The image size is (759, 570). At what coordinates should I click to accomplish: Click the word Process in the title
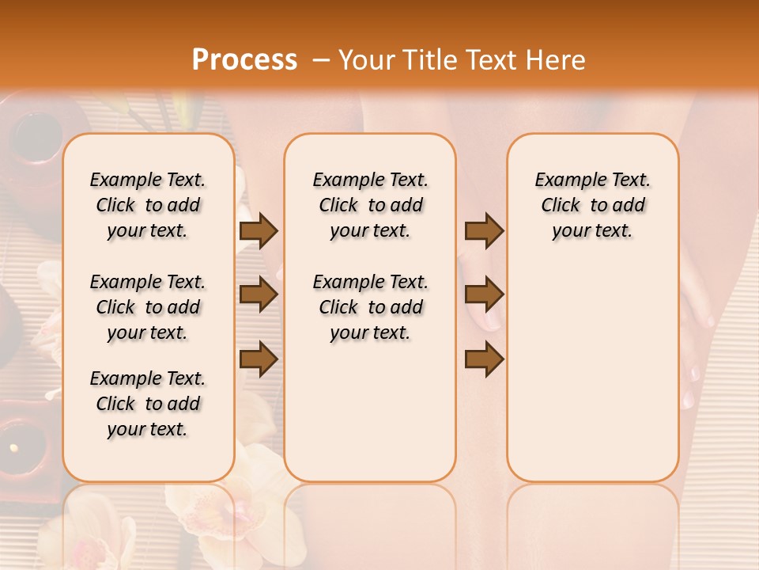(244, 60)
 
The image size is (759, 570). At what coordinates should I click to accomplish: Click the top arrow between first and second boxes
(259, 231)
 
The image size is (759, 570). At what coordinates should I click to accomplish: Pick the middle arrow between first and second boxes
(259, 294)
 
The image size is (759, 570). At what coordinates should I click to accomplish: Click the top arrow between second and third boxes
(484, 231)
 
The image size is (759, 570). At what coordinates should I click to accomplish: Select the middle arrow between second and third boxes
(484, 294)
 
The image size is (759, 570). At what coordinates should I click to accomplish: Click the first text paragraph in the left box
(148, 205)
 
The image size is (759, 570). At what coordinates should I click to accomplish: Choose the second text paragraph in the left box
(148, 307)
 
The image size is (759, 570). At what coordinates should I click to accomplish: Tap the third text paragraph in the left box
(148, 404)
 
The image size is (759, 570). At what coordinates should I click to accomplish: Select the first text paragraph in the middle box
(370, 205)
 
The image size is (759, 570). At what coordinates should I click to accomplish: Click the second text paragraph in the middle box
(370, 307)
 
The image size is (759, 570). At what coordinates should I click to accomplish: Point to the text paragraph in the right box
(592, 205)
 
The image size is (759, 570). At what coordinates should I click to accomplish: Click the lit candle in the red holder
(14, 448)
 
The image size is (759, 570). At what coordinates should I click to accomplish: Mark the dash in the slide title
(319, 60)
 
